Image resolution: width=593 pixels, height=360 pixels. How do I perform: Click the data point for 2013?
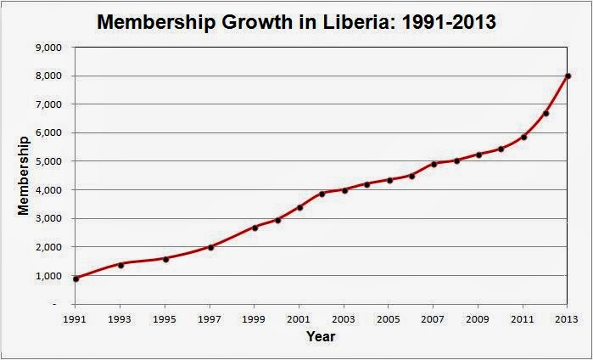568,76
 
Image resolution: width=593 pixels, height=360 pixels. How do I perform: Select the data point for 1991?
76,278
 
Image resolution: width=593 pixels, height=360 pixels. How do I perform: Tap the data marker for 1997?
210,247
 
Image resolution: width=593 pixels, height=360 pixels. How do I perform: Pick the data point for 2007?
434,164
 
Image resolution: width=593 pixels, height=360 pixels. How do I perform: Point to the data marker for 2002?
322,194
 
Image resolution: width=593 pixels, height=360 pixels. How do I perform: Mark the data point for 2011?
523,138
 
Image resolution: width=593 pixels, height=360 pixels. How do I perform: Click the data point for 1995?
165,259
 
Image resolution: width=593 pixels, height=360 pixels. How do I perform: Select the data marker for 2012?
545,113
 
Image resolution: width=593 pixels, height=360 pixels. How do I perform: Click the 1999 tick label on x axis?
255,319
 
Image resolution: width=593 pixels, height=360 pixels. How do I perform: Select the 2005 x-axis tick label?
389,319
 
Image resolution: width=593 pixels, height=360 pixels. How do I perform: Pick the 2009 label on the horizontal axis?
478,319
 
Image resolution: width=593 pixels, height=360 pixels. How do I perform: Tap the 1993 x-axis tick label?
120,319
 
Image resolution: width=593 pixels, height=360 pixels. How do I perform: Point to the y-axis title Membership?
25,174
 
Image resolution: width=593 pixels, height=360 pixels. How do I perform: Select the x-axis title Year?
322,337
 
